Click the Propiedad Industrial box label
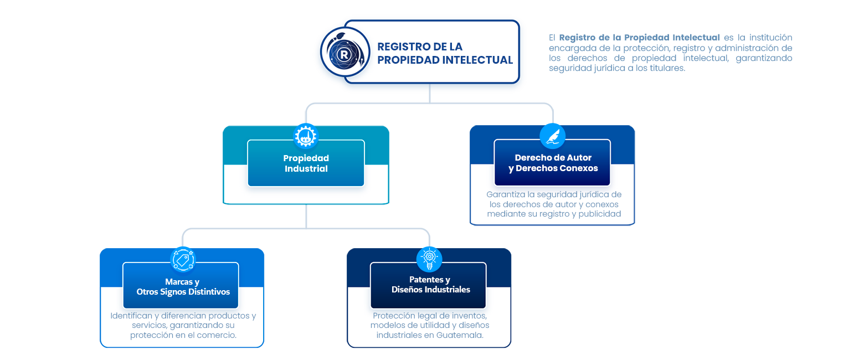pyautogui.click(x=306, y=163)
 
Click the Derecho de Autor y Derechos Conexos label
pyautogui.click(x=553, y=163)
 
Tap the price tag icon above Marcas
pyautogui.click(x=182, y=259)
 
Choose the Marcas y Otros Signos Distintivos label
pyautogui.click(x=182, y=286)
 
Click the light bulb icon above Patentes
pyautogui.click(x=429, y=259)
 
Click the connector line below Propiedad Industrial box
pyautogui.click(x=306, y=216)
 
